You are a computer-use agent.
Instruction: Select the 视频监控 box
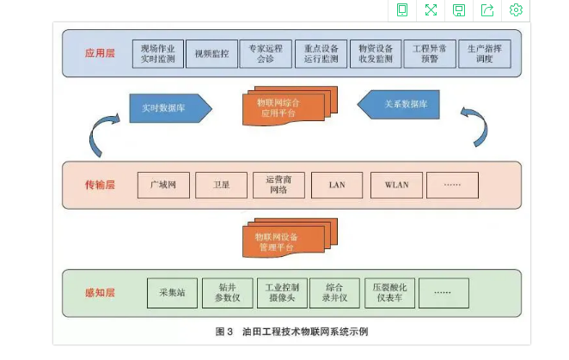207,53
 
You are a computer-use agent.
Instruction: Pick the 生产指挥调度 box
485,53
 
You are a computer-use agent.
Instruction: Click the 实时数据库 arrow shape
169,107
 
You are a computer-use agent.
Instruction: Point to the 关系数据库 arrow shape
404,105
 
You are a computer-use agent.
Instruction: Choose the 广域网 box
163,186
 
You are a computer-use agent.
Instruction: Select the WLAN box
396,186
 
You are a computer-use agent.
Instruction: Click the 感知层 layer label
100,293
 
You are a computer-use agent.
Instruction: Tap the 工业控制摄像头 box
281,293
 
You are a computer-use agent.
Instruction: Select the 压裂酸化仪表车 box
389,293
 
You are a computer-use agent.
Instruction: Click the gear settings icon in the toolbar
516,9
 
